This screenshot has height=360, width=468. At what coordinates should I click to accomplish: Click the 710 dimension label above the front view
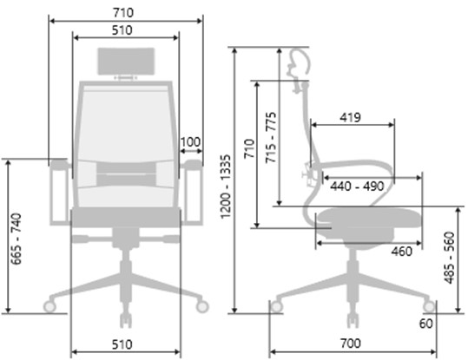click(123, 13)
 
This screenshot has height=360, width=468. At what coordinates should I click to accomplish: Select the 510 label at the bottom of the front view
click(122, 344)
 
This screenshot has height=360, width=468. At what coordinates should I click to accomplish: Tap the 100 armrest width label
click(191, 142)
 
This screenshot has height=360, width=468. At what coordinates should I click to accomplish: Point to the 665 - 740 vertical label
click(16, 239)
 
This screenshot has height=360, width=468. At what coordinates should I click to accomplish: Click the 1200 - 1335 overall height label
click(226, 187)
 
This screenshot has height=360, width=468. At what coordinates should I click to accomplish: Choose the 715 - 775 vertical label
click(271, 138)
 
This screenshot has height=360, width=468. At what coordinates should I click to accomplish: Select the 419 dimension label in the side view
click(351, 117)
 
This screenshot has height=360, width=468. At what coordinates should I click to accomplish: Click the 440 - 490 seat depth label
click(357, 187)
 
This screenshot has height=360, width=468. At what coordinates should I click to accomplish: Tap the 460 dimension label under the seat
click(402, 252)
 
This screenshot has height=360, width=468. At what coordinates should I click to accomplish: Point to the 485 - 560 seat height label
click(449, 258)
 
